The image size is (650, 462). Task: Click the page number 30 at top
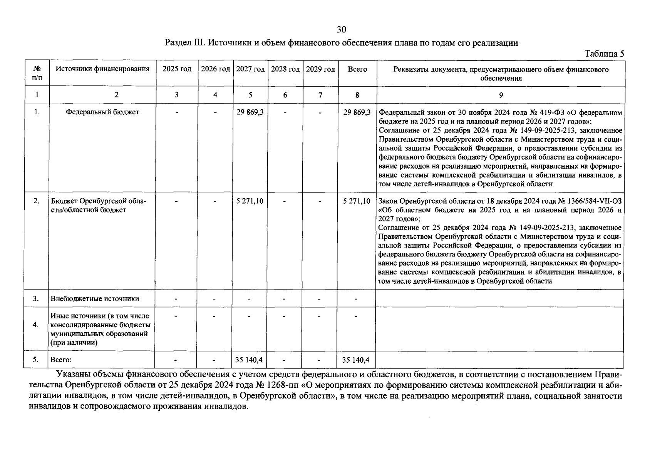342,30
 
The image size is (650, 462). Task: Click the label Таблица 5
604,54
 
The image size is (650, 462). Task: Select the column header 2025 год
177,69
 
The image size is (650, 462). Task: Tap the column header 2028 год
285,69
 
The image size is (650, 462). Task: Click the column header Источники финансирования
102,69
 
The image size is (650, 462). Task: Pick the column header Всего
357,69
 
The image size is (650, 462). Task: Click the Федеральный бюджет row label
102,112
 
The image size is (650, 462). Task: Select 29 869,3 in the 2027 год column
250,112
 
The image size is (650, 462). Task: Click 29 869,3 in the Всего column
357,112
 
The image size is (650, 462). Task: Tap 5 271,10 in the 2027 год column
250,201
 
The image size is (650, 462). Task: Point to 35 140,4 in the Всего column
356,360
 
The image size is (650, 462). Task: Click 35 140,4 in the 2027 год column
249,360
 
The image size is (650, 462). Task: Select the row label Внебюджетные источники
95,299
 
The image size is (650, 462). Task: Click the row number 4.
36,325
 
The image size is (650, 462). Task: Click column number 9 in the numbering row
501,95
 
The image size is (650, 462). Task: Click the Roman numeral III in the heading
199,43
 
